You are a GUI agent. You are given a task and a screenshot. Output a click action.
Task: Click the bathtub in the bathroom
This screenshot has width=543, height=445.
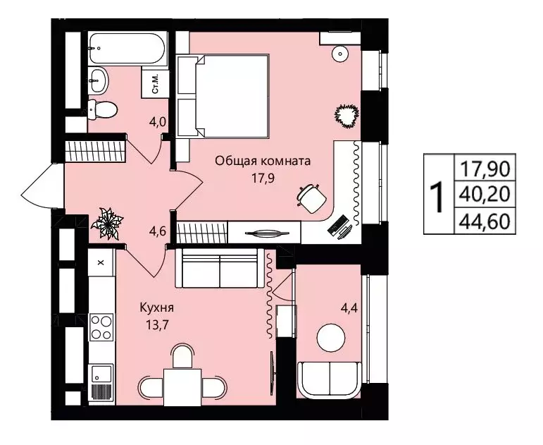(x=127, y=48)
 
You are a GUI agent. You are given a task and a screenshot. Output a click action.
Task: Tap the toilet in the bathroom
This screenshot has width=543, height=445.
(x=102, y=109)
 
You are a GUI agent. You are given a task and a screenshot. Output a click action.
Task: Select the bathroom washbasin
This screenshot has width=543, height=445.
(x=99, y=80)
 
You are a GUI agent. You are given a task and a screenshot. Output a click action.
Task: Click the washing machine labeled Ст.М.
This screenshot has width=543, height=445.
(x=156, y=83)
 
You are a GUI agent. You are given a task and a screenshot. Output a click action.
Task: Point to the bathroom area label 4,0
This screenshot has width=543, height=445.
(x=158, y=122)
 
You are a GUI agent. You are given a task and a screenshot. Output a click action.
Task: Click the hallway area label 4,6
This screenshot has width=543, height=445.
(x=158, y=231)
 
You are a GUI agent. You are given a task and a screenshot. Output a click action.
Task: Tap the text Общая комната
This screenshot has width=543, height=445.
(x=263, y=161)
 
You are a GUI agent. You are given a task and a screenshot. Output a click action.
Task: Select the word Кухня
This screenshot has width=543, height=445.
(x=156, y=307)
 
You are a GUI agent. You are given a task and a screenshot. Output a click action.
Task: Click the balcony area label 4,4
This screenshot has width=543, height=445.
(x=349, y=307)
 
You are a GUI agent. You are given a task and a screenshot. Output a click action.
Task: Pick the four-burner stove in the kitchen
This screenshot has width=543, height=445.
(x=101, y=327)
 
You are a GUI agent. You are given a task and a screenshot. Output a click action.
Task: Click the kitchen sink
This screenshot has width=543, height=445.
(x=101, y=373)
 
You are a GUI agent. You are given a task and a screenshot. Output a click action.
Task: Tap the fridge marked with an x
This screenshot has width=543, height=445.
(x=101, y=262)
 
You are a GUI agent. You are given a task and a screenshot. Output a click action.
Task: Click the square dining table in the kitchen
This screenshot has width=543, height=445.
(x=182, y=387)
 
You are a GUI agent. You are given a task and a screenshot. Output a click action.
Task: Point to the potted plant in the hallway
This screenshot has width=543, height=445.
(x=107, y=224)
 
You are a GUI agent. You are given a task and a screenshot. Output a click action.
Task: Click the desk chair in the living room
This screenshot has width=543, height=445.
(x=312, y=198)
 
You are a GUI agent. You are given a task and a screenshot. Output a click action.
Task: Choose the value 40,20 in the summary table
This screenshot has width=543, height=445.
(x=485, y=194)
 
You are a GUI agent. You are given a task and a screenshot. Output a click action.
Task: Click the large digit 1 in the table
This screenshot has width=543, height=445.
(x=437, y=197)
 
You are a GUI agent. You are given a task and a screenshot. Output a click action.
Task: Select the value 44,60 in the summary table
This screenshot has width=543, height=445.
(x=485, y=221)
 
